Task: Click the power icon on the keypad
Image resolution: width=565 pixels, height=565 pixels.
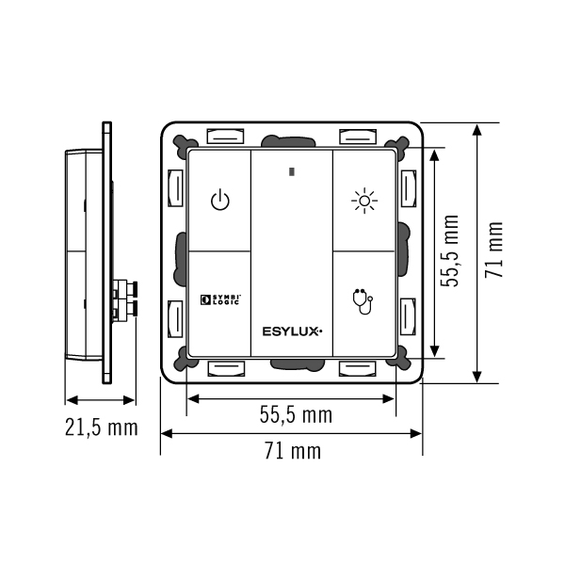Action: (x=219, y=201)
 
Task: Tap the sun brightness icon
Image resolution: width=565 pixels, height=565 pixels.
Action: (x=364, y=201)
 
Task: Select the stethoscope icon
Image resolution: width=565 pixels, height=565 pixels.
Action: (x=363, y=301)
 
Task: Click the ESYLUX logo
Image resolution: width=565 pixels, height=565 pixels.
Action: (x=292, y=331)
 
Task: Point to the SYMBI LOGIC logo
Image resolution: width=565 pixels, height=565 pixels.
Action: (x=220, y=299)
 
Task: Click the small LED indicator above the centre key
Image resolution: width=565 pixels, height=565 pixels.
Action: (x=292, y=172)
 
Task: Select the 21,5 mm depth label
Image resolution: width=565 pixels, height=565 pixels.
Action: (x=102, y=428)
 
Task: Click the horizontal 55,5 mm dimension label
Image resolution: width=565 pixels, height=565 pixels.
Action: (x=296, y=414)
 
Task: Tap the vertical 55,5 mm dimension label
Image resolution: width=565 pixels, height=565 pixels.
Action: (x=450, y=251)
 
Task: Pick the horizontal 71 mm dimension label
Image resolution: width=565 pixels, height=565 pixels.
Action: (x=293, y=450)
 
